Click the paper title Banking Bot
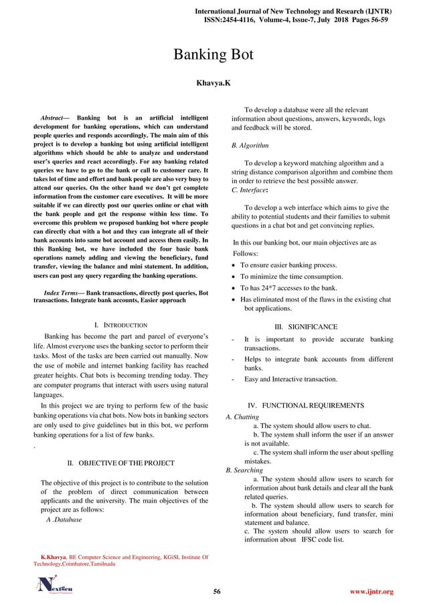click(213, 55)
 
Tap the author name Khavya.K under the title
click(213, 84)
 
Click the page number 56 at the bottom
click(217, 592)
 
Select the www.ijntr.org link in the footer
click(371, 592)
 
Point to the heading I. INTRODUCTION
click(121, 324)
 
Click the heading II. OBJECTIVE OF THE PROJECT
click(121, 463)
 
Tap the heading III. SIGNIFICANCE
click(306, 327)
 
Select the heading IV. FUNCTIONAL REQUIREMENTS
click(306, 406)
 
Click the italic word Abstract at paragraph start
click(56, 119)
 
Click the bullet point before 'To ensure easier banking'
click(233, 266)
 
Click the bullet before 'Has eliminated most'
click(233, 299)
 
